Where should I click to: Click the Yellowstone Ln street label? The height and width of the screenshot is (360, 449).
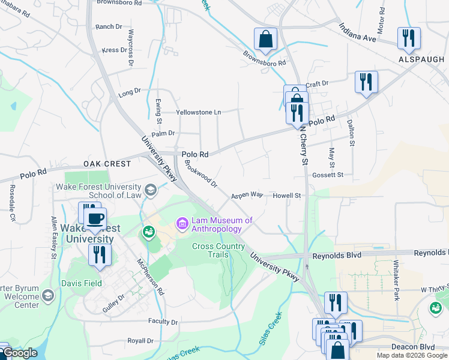click(198, 112)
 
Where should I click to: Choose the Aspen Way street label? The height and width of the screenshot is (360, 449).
click(247, 195)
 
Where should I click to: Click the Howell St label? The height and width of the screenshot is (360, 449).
click(286, 196)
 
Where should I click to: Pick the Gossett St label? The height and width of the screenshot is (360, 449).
click(327, 175)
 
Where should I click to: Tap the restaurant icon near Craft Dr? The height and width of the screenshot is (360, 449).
click(366, 82)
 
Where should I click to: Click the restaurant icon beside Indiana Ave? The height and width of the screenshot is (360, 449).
click(408, 38)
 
